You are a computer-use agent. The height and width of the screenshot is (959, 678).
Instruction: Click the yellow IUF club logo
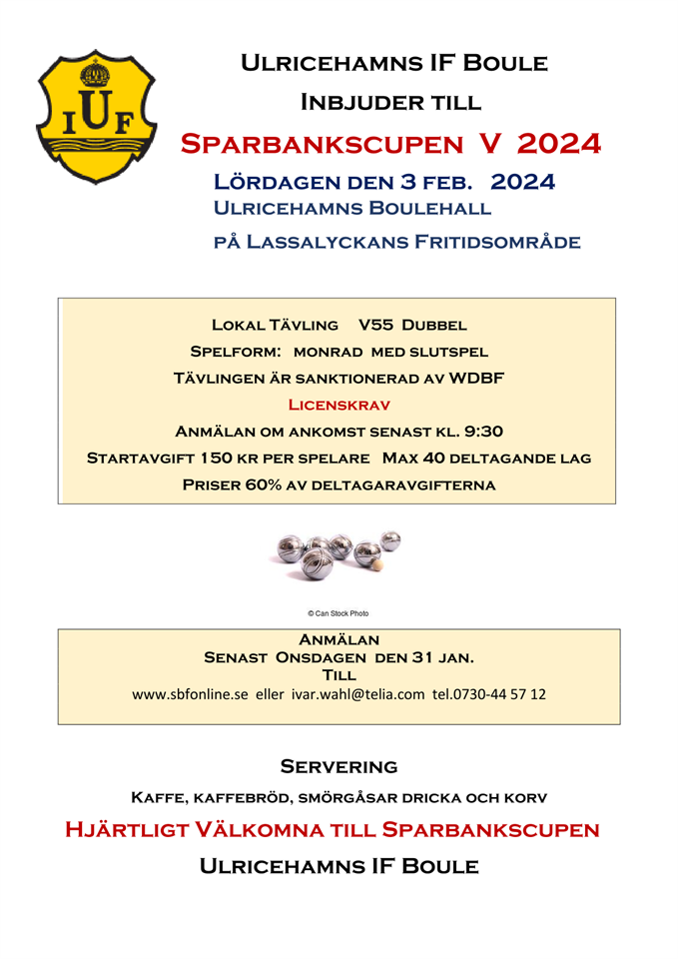(x=96, y=116)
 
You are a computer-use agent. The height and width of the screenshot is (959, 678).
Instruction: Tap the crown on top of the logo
(x=97, y=73)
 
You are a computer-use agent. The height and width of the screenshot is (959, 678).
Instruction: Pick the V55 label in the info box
(x=374, y=325)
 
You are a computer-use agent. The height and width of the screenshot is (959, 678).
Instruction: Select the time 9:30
(x=483, y=432)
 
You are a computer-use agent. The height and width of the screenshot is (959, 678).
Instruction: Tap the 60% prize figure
(x=264, y=485)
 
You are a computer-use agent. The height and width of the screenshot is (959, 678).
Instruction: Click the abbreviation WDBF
(x=476, y=379)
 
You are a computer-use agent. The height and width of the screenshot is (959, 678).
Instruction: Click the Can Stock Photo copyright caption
(x=338, y=613)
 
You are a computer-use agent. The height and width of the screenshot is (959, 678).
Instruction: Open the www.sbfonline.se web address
(x=190, y=693)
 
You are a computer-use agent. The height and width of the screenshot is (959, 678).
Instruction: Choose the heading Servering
(x=339, y=767)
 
